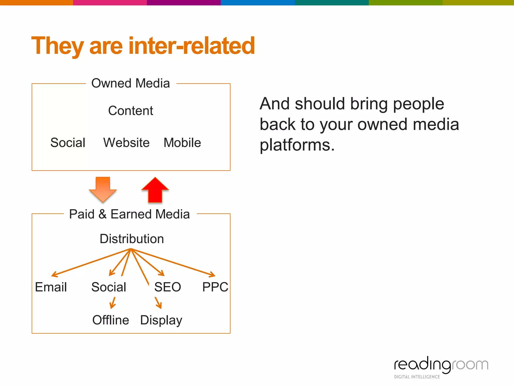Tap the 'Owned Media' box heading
[x=131, y=83]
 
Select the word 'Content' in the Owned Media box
[x=131, y=111]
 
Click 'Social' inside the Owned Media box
[x=68, y=143]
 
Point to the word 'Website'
[x=126, y=143]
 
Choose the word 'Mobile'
[x=182, y=143]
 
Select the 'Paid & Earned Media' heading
[x=130, y=214]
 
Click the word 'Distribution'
[x=132, y=239]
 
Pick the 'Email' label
[x=51, y=287]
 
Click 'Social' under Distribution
[x=109, y=287]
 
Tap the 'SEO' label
[x=168, y=287]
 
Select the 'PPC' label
[x=215, y=287]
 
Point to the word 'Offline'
[x=111, y=320]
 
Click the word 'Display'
[x=161, y=320]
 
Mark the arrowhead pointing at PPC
[x=213, y=275]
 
